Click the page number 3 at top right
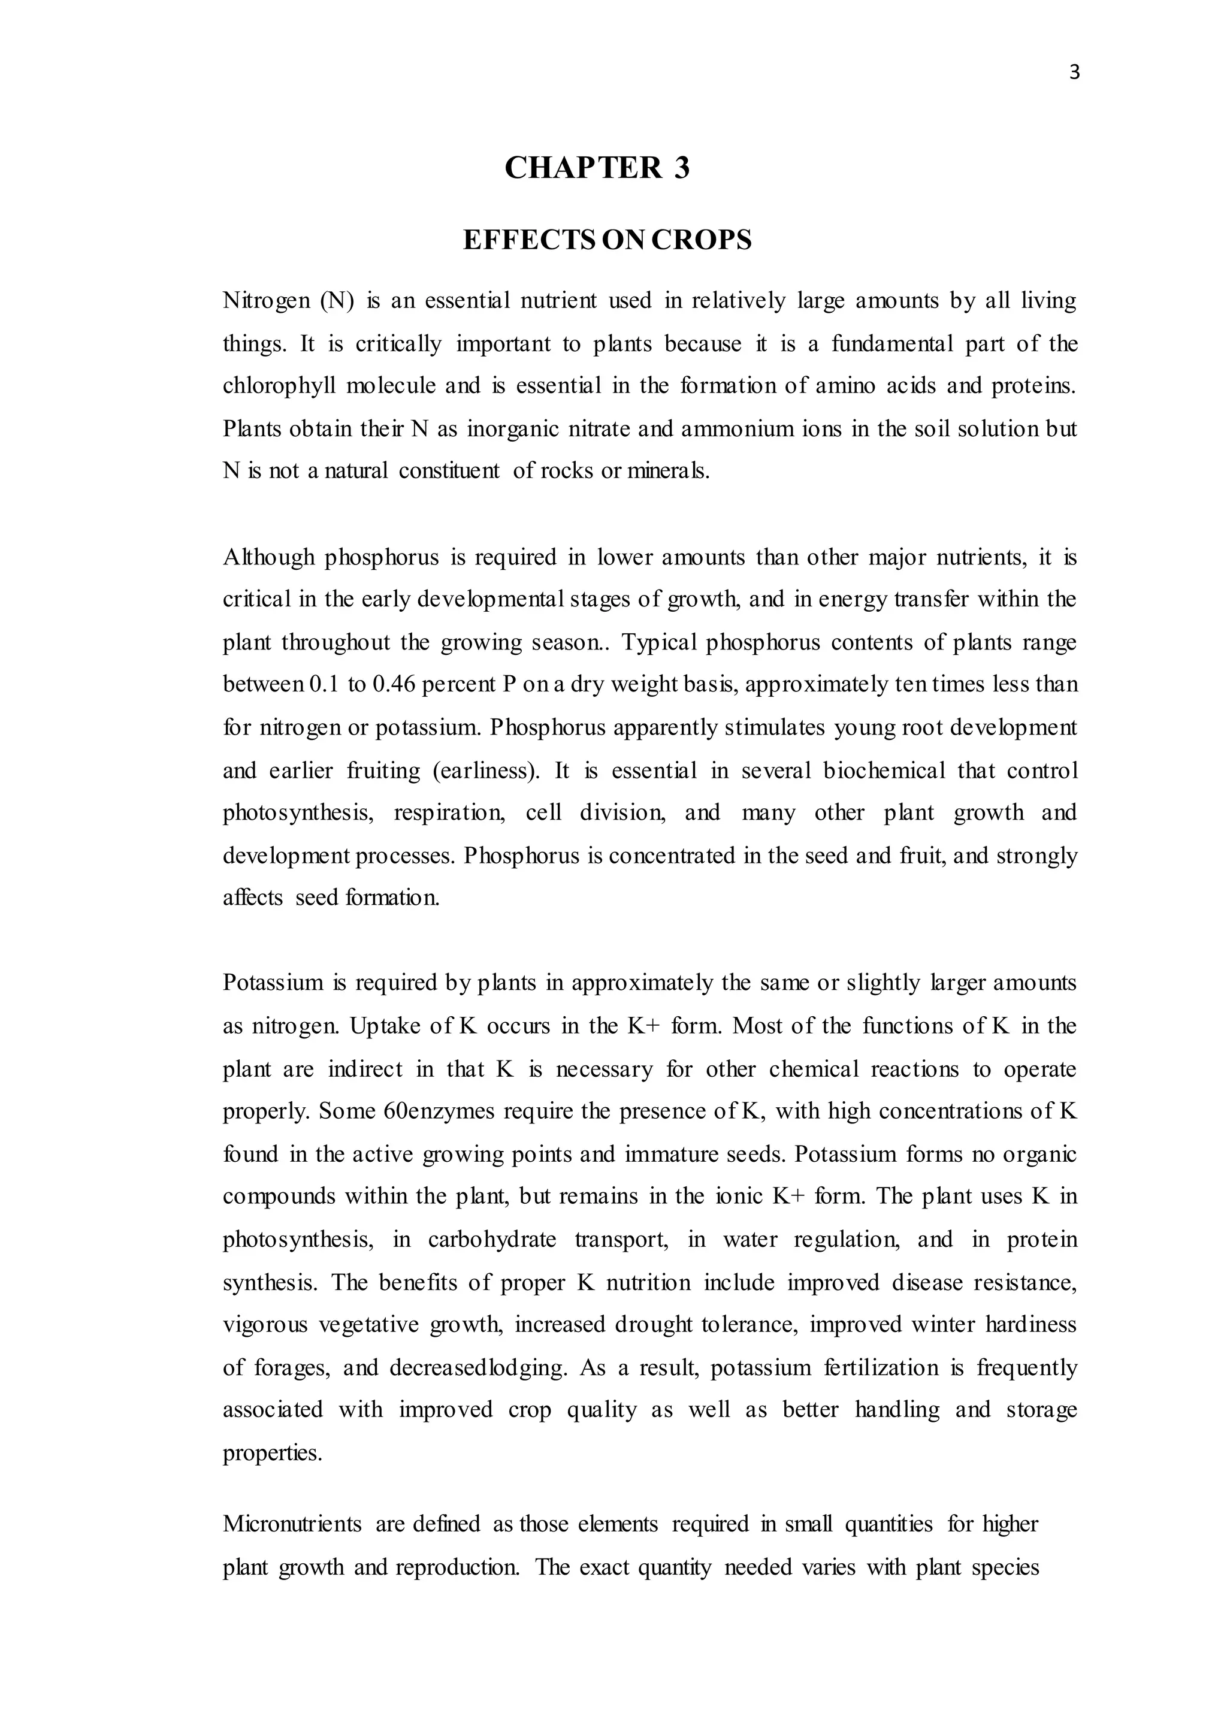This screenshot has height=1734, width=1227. (x=1074, y=73)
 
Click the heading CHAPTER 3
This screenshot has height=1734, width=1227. (x=597, y=168)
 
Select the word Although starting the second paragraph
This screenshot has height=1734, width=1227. (x=268, y=558)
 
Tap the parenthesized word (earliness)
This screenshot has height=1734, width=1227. (x=486, y=771)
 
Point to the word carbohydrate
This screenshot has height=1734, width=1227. (x=492, y=1240)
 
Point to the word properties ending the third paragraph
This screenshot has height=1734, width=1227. (x=272, y=1454)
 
